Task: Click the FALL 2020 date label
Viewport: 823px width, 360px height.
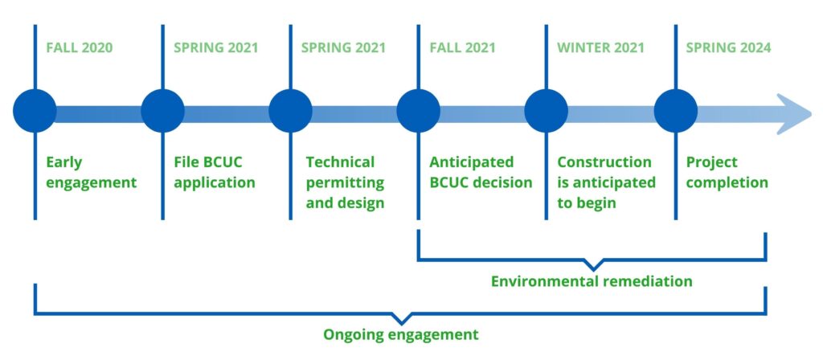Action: (80, 47)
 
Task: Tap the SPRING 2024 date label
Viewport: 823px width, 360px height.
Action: (728, 47)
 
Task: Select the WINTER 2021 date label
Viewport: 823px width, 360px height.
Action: (600, 47)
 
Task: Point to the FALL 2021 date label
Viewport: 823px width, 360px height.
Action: (462, 47)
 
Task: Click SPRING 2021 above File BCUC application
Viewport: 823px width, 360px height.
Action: (216, 47)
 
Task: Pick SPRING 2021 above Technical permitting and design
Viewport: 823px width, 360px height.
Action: (343, 47)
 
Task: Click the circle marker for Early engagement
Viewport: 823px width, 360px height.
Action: (35, 111)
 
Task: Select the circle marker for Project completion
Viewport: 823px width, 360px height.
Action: (675, 111)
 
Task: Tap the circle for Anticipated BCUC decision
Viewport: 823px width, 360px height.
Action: (418, 111)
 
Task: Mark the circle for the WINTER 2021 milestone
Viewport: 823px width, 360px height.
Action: (546, 111)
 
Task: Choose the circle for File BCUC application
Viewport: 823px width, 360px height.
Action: (162, 111)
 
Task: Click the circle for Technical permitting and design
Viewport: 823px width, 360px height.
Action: (290, 111)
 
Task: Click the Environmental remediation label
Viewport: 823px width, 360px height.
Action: (592, 281)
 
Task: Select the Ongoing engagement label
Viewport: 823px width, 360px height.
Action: (401, 334)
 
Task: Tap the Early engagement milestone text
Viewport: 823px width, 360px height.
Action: (92, 173)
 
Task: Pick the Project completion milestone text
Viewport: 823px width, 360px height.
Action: (727, 173)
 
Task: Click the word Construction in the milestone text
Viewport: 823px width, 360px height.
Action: (604, 162)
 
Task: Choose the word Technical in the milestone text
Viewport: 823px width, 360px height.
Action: (340, 162)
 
